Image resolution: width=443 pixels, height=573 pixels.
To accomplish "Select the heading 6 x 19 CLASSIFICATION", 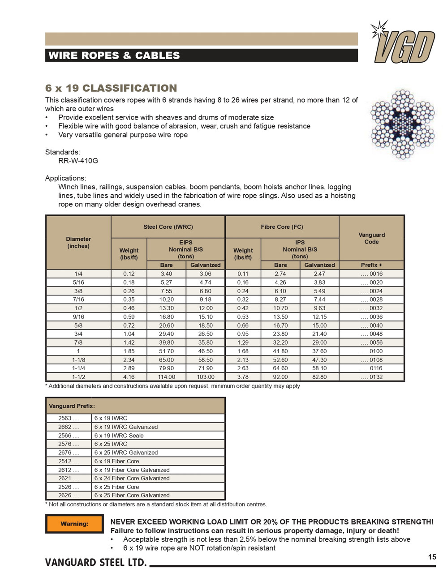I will pos(111,88).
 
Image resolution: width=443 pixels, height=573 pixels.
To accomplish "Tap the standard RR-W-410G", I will pos(78,161).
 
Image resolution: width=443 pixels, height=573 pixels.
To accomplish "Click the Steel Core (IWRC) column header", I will pos(168,227).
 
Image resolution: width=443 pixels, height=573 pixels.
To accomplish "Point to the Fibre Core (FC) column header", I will pos(282,227).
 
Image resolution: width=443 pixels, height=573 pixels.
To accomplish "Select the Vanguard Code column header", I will pos(371,238).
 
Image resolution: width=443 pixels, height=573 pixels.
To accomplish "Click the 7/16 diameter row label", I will pos(78,299).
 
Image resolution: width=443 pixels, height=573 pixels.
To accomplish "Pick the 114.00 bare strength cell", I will pos(166,377).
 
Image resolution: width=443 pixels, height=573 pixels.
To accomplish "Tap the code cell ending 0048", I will pos(371,334).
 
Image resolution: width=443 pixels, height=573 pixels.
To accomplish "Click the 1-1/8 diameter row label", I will pos(78,360).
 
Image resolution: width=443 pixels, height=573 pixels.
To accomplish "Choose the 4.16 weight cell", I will pos(129,377).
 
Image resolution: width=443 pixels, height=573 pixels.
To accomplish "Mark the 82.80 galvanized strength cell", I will pos(319,377).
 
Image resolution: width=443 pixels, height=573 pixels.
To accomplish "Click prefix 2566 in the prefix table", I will pos(69,436).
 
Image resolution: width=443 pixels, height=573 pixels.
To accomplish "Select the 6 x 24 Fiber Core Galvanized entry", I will pos(132,479).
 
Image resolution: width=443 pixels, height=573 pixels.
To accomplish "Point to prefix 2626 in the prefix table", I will pos(69,496).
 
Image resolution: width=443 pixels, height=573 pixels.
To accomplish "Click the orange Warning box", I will pos(74,524).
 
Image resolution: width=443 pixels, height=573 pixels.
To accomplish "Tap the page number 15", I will pos(432,557).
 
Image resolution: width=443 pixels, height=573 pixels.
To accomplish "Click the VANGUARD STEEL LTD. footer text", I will pos(96,563).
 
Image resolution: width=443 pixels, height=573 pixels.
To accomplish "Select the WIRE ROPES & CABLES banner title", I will pos(114,56).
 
